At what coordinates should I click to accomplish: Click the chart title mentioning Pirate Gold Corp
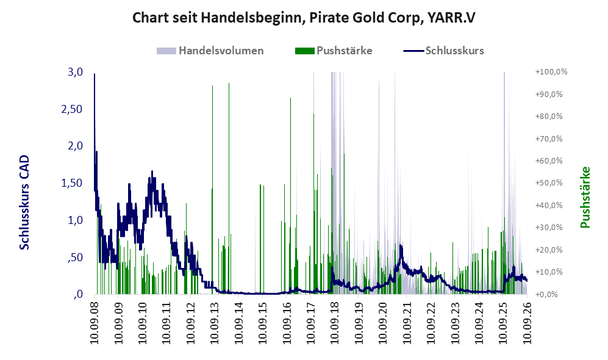click(304, 18)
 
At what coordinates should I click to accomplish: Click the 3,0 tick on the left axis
click(75, 72)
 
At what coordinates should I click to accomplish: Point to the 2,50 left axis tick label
click(72, 109)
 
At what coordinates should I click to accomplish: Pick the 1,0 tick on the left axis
click(75, 220)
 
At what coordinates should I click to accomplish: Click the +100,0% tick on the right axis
click(551, 72)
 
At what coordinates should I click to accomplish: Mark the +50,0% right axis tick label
click(549, 182)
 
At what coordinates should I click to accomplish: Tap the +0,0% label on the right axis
click(546, 294)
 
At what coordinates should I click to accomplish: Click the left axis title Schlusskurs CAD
click(24, 202)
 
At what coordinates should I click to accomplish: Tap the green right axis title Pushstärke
click(585, 197)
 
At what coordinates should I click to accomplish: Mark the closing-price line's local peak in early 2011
click(152, 171)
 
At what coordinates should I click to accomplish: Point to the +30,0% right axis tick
click(549, 228)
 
